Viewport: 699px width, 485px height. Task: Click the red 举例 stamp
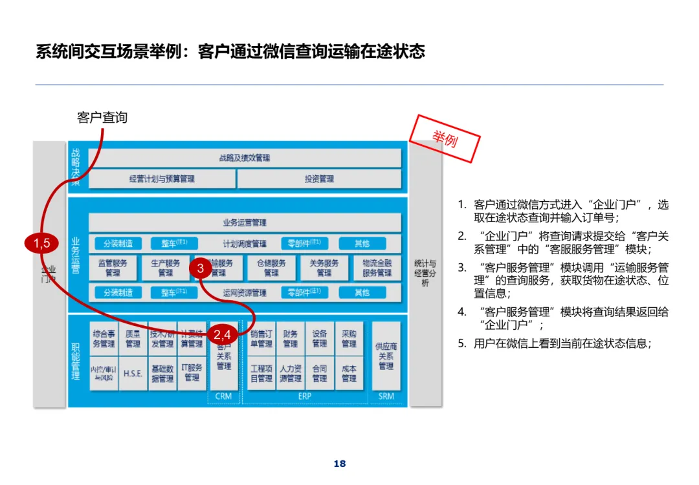(x=445, y=138)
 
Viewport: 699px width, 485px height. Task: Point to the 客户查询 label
(x=102, y=118)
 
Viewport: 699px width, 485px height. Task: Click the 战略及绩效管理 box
(x=245, y=158)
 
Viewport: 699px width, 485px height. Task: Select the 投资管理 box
(x=319, y=178)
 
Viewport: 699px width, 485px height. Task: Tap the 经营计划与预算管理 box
(x=162, y=178)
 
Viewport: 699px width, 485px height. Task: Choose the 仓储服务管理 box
(x=271, y=268)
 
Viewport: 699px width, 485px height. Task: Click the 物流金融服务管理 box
(x=377, y=268)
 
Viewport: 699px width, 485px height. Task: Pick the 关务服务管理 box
(x=324, y=268)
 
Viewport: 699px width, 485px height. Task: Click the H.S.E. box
(x=133, y=374)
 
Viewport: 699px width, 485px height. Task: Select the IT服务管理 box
(x=192, y=372)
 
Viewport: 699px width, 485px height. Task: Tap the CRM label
(x=223, y=396)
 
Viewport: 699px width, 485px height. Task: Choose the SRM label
(x=386, y=396)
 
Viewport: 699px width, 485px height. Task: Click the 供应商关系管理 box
(x=386, y=356)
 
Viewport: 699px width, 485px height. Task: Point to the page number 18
(x=340, y=464)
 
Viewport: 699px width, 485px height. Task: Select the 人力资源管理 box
(x=291, y=373)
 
